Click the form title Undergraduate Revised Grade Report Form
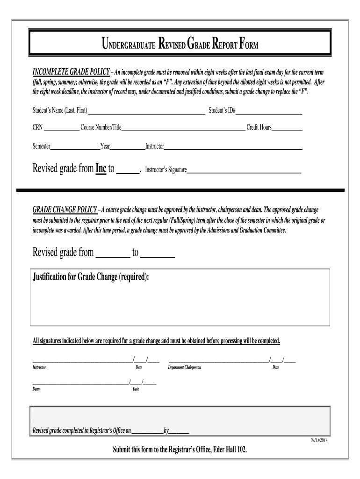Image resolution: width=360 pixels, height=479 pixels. pos(180,45)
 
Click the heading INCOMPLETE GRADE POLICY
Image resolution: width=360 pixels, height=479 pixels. pos(71,73)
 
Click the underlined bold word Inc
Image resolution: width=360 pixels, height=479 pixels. pos(101,169)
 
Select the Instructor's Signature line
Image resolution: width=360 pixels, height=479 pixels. pos(244,172)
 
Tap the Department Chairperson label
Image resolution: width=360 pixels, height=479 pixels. pos(184,368)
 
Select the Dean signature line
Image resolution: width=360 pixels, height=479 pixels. pos(80,383)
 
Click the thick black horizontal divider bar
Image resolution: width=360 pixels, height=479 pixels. pos(180,190)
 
